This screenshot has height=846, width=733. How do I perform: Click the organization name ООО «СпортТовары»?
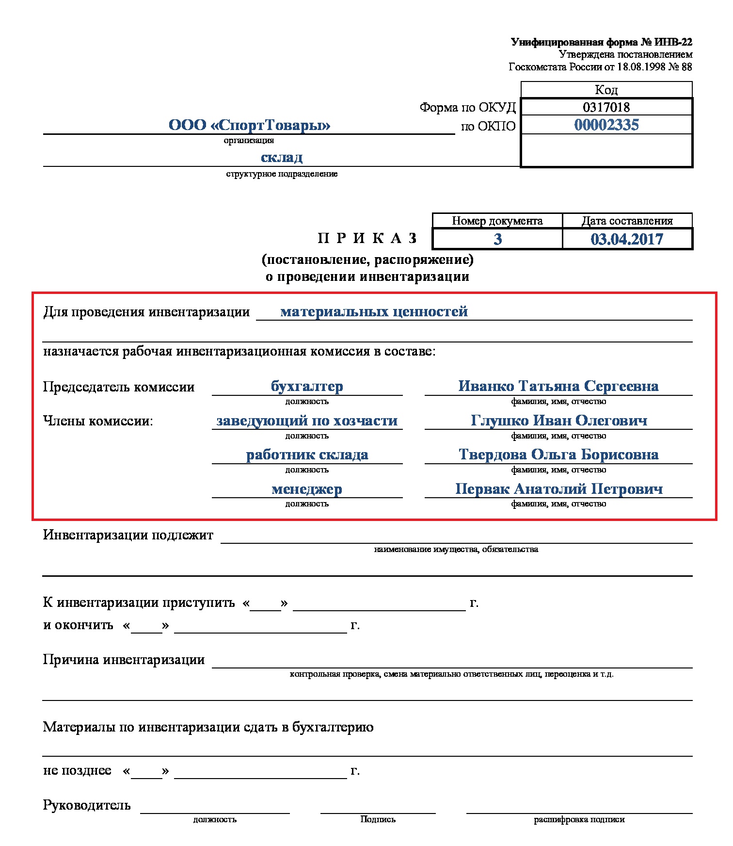(249, 125)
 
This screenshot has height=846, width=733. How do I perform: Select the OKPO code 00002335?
(606, 125)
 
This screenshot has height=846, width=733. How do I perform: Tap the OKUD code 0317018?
(606, 107)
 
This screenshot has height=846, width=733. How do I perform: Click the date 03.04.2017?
(626, 239)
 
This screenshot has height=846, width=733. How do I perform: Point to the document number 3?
(497, 239)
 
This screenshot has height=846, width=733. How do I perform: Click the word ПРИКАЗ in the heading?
(367, 238)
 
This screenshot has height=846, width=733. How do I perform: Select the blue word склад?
(282, 157)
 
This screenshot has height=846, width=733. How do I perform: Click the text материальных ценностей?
(374, 311)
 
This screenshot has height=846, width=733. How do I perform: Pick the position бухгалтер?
(307, 387)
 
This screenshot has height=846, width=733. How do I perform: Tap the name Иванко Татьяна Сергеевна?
(558, 386)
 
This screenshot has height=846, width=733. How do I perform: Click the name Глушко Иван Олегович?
(558, 420)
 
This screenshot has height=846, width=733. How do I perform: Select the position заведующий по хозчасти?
(307, 421)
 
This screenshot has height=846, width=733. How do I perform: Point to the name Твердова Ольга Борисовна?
(558, 455)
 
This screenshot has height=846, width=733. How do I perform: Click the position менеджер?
(307, 489)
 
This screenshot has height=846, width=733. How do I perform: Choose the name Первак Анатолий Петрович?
(558, 488)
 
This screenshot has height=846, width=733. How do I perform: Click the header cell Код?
(606, 90)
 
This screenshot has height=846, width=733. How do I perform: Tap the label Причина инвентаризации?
(124, 660)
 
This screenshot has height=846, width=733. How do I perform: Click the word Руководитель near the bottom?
(87, 805)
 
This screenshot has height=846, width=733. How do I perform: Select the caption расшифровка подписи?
(579, 819)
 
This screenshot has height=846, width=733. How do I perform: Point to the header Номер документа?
(497, 221)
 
